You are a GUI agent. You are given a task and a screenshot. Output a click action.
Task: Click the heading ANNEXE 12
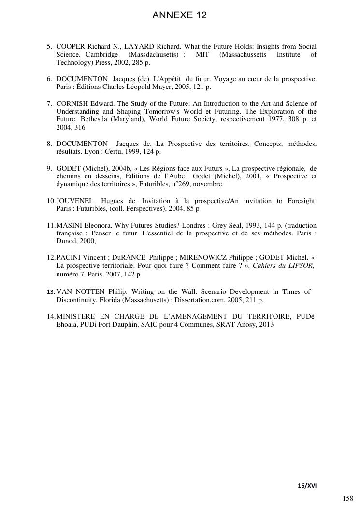click(179, 15)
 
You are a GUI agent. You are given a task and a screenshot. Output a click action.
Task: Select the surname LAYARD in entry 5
click(138, 46)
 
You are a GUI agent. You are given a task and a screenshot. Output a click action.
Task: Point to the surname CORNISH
click(72, 103)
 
